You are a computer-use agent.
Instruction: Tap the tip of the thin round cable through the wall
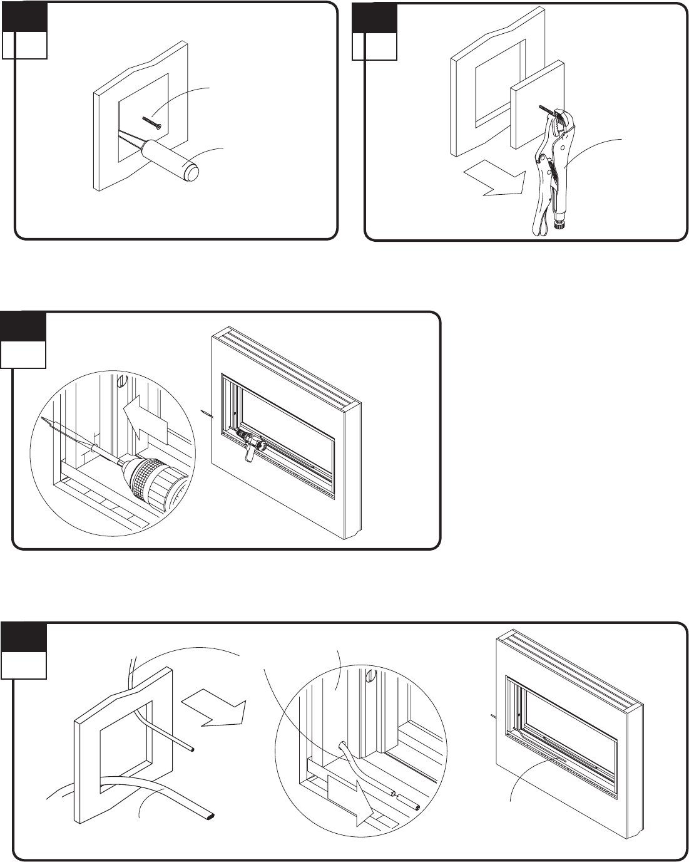pos(191,749)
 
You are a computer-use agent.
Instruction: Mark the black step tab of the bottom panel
pos(23,638)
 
